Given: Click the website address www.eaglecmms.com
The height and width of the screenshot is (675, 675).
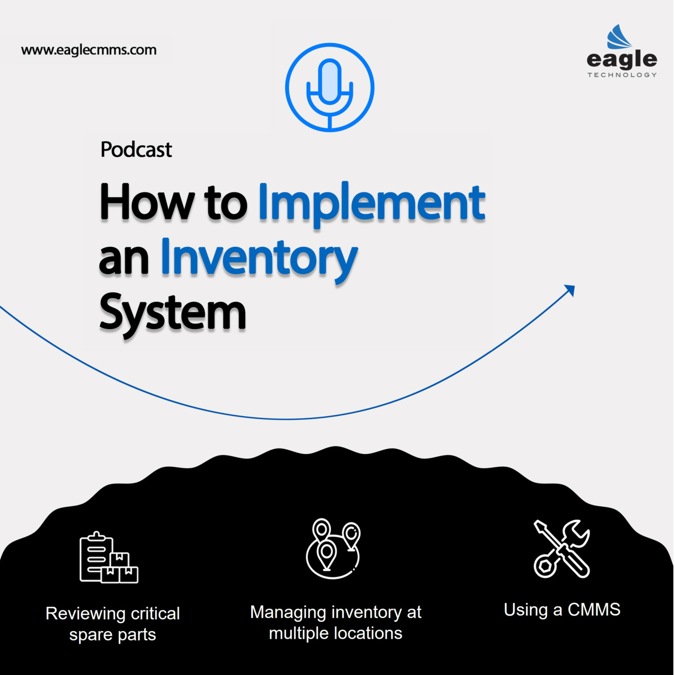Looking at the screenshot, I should pos(89,50).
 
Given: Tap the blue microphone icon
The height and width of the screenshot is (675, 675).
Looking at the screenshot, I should pos(330,87).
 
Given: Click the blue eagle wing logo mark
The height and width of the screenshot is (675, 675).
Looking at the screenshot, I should pos(619,37).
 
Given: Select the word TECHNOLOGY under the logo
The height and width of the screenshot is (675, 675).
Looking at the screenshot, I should pos(622,75).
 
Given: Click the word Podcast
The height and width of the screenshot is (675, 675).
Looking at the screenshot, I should pos(136,150).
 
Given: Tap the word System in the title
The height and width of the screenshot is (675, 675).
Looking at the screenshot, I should pos(173,313).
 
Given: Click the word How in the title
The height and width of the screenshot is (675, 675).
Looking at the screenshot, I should pos(147,202).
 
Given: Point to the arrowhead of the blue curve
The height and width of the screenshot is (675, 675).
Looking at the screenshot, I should pos(570,290).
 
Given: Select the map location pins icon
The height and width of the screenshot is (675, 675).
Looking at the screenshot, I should pos(333,549).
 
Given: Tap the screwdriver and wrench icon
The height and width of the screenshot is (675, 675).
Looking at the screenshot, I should pos(562,549).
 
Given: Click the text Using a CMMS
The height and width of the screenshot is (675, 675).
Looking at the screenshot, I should pos(562,610).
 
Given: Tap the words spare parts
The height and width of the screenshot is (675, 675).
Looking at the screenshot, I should pos(112,634).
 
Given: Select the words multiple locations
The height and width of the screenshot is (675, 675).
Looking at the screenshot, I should pos(336,633).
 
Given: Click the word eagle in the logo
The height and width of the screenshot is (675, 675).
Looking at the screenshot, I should pos(621,60).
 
